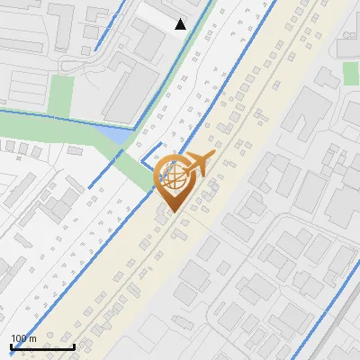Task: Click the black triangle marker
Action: pyautogui.click(x=181, y=24)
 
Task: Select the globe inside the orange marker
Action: pyautogui.click(x=172, y=177)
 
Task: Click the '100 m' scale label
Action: pyautogui.click(x=24, y=338)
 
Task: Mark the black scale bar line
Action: pyautogui.click(x=42, y=346)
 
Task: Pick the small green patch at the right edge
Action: pyautogui.click(x=351, y=73)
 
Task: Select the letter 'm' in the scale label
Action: pyautogui.click(x=33, y=338)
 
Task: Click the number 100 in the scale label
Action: pyautogui.click(x=20, y=338)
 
